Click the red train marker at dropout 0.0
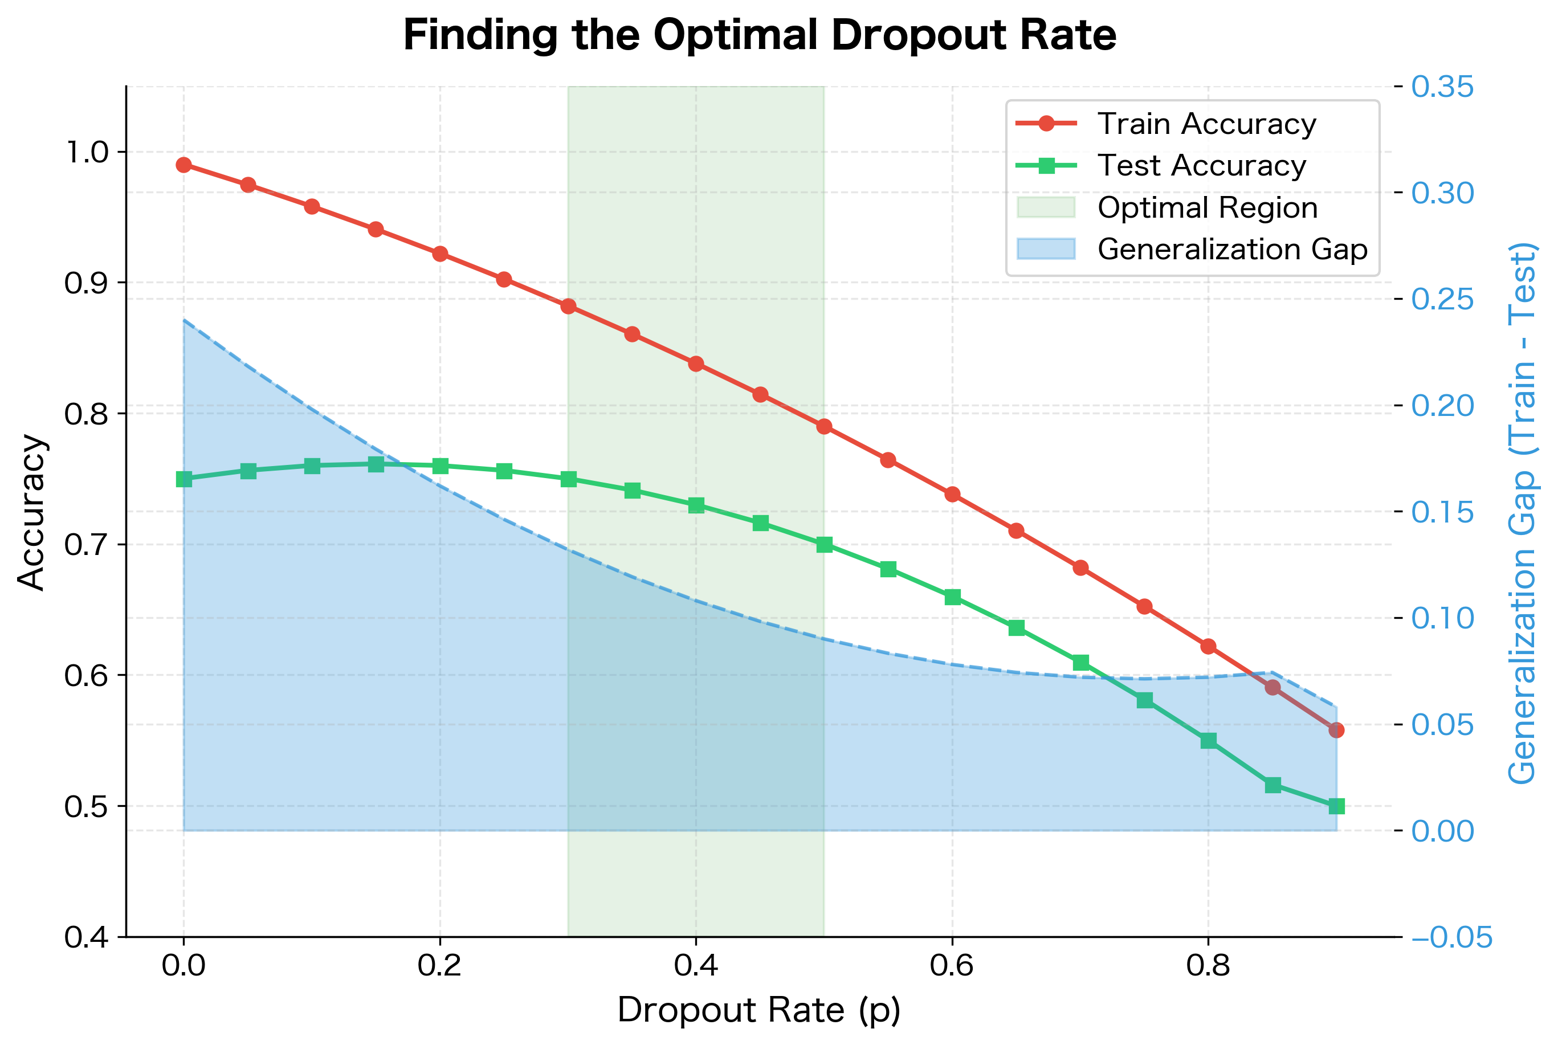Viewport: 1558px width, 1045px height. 184,165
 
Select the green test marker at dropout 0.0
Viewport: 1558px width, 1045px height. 184,479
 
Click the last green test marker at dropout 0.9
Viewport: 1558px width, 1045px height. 1336,806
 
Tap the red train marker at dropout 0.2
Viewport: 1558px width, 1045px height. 440,254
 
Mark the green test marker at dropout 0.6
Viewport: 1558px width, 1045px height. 952,597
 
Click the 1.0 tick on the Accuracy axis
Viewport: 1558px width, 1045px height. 86,152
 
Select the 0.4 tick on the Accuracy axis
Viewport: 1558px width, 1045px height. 86,937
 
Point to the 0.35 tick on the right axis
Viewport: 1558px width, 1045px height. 1443,87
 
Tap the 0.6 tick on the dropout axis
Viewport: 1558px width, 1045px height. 952,966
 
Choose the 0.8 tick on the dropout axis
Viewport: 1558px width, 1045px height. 1208,966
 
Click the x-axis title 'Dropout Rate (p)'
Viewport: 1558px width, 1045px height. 759,1009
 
